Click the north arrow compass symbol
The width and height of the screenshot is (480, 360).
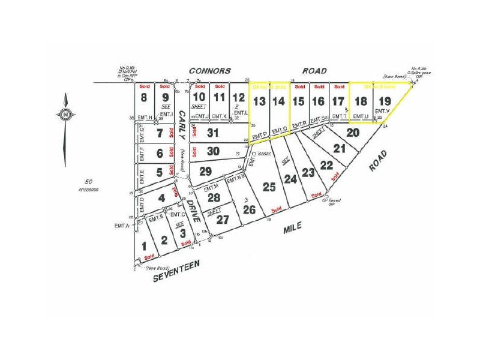[64, 113]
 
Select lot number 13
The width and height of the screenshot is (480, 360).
[259, 101]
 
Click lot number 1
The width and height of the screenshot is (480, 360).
[144, 245]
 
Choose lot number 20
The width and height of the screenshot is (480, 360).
[353, 132]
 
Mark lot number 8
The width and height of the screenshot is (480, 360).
[144, 97]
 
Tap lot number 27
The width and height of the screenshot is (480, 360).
[223, 220]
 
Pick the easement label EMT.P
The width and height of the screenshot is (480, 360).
[259, 136]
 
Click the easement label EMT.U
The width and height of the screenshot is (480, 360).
[359, 116]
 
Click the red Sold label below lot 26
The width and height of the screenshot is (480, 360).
[276, 209]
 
